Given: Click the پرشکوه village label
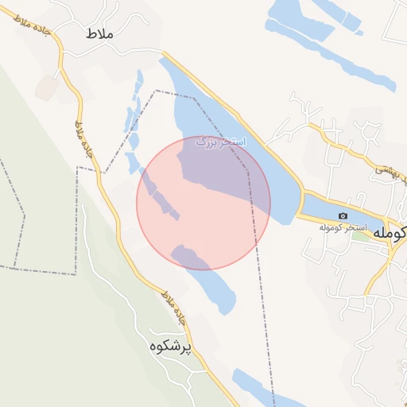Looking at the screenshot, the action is [x=170, y=347].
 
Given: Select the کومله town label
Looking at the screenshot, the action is [x=395, y=232].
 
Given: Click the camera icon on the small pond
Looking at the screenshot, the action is [x=343, y=216].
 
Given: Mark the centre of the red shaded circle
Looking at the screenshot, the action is [x=203, y=203].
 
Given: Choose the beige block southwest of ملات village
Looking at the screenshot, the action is [x=46, y=88].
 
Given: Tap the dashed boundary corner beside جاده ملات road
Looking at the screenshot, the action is [x=78, y=168].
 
